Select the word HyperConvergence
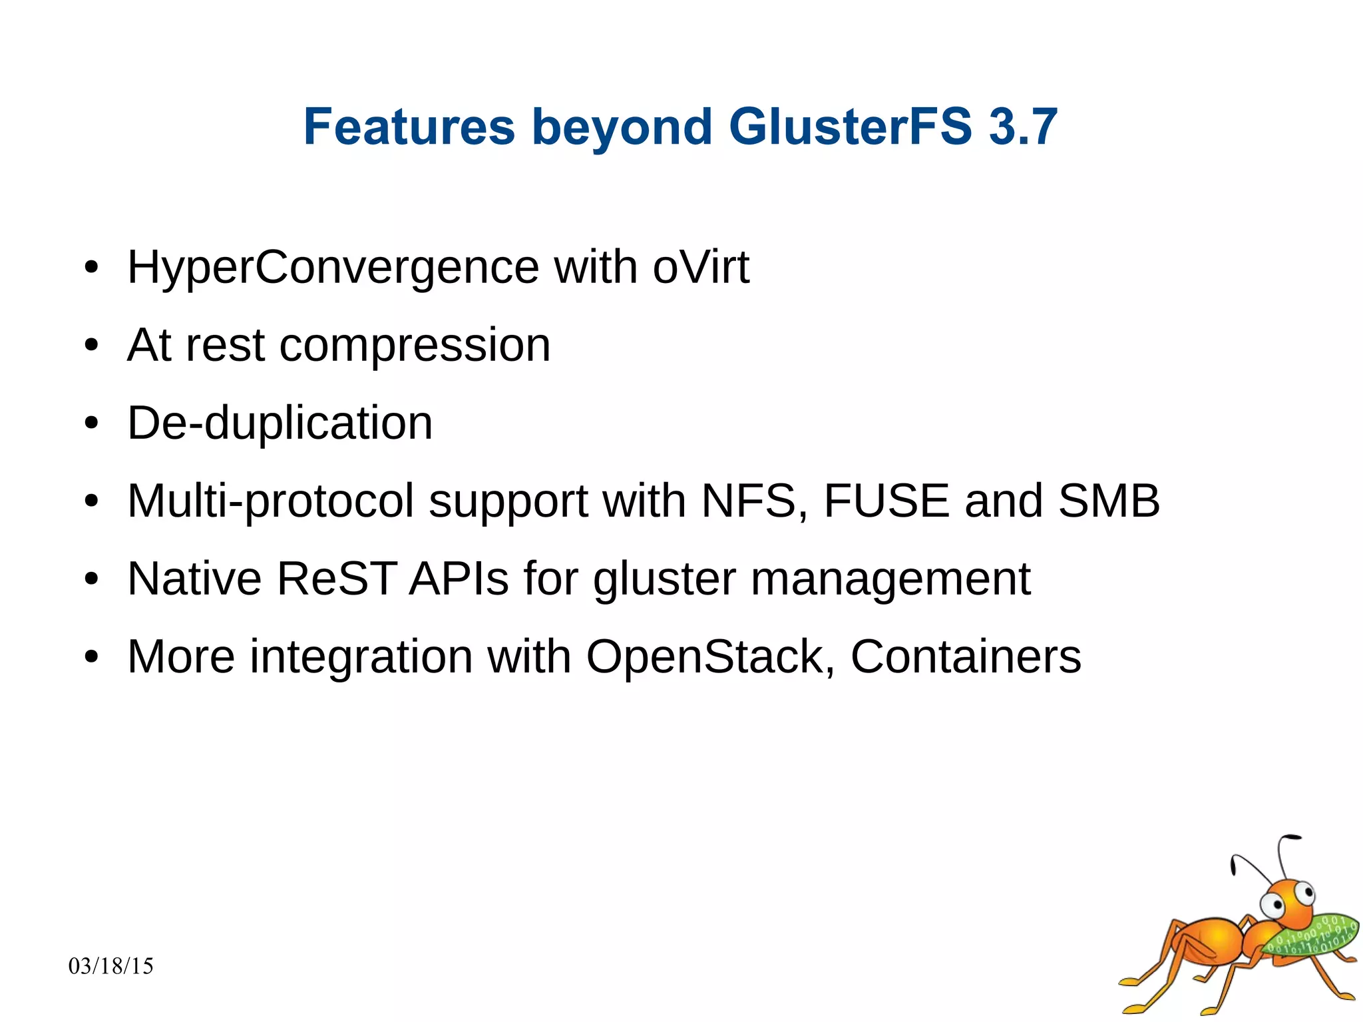333,268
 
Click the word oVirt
701,268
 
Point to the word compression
415,346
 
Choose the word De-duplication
280,423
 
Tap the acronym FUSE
886,501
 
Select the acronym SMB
1109,501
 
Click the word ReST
336,579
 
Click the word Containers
966,657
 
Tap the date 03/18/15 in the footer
111,966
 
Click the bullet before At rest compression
91,346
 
